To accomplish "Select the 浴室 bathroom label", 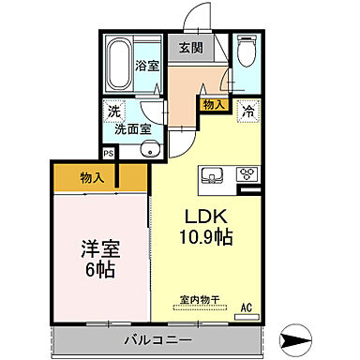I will point(147,67).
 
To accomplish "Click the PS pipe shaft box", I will point(109,152).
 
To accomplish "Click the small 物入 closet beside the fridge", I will point(213,105).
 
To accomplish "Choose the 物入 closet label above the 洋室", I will point(93,175).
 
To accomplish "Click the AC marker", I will point(247,307).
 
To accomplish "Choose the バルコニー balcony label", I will point(157,338).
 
